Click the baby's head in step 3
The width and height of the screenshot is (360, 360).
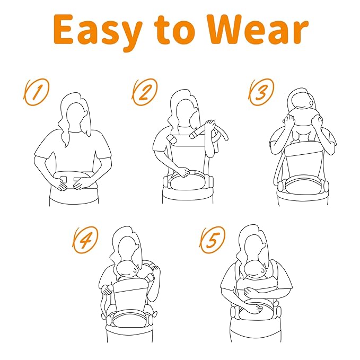pyautogui.click(x=300, y=111)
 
